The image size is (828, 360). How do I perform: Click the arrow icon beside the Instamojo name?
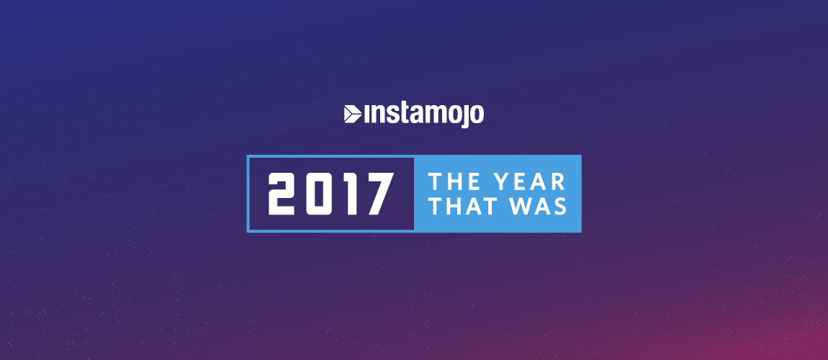tap(352, 114)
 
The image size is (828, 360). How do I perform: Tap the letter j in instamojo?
tap(464, 116)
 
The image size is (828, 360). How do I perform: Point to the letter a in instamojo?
tap(412, 116)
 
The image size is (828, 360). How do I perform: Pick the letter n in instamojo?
tap(375, 116)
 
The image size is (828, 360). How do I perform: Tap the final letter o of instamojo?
tap(477, 116)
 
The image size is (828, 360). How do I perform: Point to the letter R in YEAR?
tap(559, 181)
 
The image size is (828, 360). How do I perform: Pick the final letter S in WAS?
tap(560, 207)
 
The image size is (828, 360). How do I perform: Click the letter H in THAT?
tap(451, 207)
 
